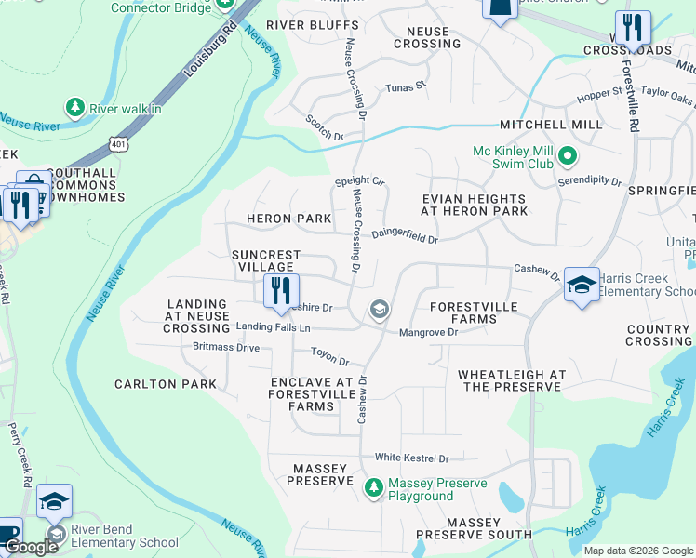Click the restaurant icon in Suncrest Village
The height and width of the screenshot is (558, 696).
tap(279, 290)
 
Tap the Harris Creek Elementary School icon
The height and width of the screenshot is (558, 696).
tap(582, 285)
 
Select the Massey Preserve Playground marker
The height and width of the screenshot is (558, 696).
tap(373, 487)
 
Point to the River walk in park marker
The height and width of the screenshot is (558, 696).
tap(75, 108)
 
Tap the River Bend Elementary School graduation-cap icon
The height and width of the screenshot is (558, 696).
tap(54, 501)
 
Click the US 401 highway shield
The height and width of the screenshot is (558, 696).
tap(117, 144)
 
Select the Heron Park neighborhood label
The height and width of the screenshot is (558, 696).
tap(288, 219)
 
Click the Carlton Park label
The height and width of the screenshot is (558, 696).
tap(166, 384)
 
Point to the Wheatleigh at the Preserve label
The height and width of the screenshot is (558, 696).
tap(512, 380)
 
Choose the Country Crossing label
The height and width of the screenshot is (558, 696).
tap(658, 336)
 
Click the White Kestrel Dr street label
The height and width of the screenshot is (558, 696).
tap(411, 458)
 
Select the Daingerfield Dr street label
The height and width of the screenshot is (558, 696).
tap(405, 237)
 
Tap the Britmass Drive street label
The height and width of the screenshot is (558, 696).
tap(226, 347)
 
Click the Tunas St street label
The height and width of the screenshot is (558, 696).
tap(406, 87)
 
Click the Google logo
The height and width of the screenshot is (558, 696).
tap(31, 547)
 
